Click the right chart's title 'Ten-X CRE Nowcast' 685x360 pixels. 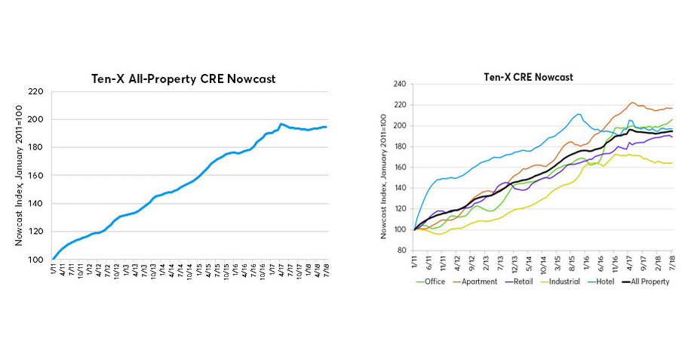point(528,77)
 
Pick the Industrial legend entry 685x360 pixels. point(570,282)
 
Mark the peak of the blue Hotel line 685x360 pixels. point(579,114)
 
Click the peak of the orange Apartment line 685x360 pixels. point(632,103)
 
